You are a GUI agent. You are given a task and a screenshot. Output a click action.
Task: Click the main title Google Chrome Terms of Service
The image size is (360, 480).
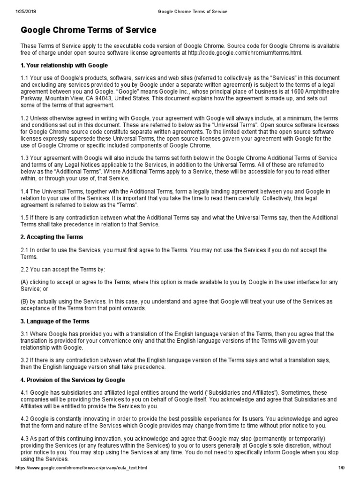tap(89, 30)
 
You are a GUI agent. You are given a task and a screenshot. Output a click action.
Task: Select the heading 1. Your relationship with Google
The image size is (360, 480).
tap(64, 65)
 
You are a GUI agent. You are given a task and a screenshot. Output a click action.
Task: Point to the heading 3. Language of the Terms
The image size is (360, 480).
tap(55, 321)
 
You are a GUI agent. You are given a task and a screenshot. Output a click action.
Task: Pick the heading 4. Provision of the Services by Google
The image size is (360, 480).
tap(73, 380)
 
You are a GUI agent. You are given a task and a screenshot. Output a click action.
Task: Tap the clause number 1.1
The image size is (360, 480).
tap(24, 77)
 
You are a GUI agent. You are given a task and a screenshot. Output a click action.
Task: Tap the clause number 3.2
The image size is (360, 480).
tap(24, 360)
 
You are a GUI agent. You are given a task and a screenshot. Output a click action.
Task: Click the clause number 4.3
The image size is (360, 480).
tap(24, 438)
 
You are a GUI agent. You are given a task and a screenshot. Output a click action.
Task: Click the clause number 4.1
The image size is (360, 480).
tap(24, 392)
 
